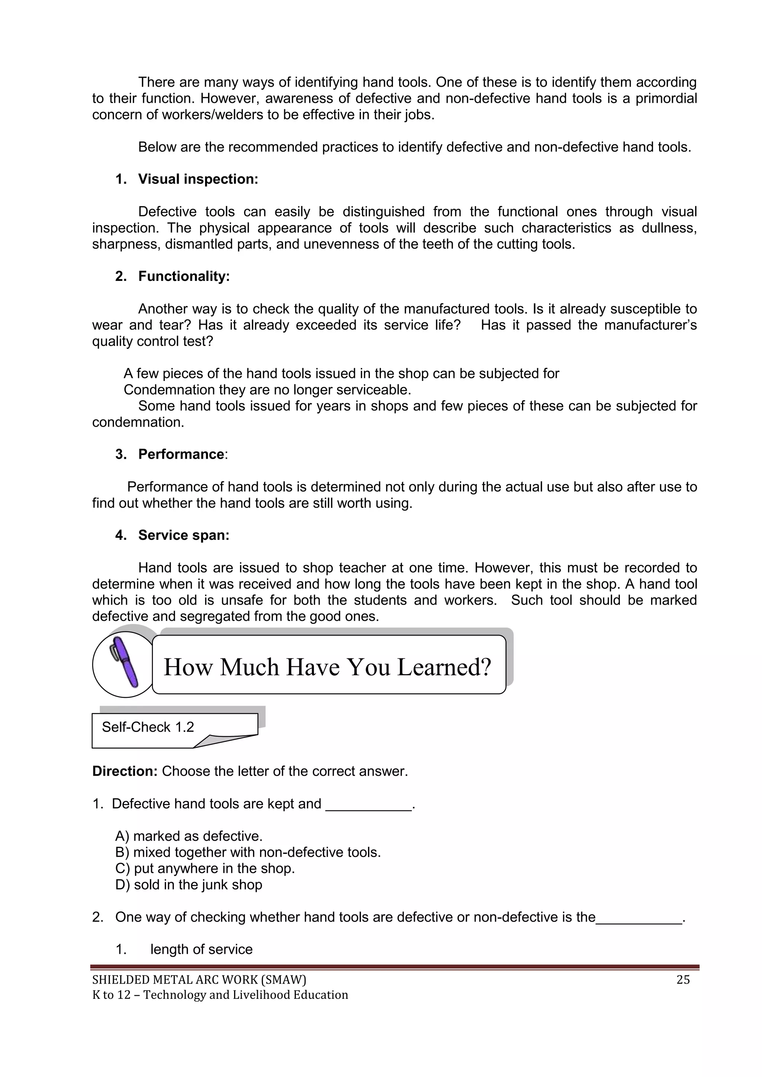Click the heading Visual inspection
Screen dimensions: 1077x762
(x=198, y=179)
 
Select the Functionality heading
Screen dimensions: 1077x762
(x=183, y=276)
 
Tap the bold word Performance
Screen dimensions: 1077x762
(x=181, y=454)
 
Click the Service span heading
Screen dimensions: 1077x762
(x=183, y=535)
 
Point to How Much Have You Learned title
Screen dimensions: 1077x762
(x=327, y=667)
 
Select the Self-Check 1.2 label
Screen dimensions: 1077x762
(x=148, y=727)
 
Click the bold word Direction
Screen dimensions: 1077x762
(x=125, y=771)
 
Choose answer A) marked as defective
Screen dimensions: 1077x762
(x=189, y=836)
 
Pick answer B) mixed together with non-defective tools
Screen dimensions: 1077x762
(x=248, y=852)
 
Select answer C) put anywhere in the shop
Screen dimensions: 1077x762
(x=205, y=868)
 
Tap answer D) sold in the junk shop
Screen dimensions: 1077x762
(x=189, y=885)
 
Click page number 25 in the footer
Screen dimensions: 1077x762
(x=683, y=980)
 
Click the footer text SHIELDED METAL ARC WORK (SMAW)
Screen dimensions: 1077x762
(x=199, y=980)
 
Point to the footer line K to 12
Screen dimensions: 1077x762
(x=220, y=994)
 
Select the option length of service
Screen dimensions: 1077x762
(x=201, y=949)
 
